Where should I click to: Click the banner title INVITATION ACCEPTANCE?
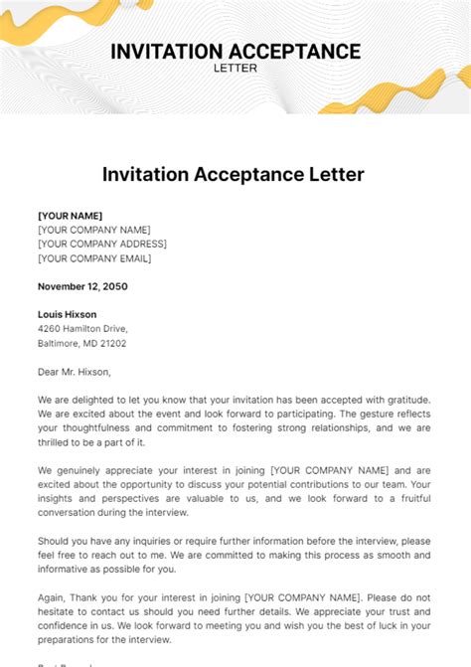(235, 51)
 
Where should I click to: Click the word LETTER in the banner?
(235, 69)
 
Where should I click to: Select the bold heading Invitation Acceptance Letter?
(234, 174)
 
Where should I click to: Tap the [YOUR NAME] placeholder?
(70, 216)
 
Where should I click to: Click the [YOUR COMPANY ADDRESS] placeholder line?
(101, 244)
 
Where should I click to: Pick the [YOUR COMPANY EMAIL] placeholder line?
(94, 258)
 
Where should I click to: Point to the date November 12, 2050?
(82, 286)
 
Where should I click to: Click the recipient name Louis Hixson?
(69, 315)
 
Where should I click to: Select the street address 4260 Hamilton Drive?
(82, 329)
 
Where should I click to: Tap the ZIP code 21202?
(111, 343)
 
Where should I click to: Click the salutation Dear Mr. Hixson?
(75, 372)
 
